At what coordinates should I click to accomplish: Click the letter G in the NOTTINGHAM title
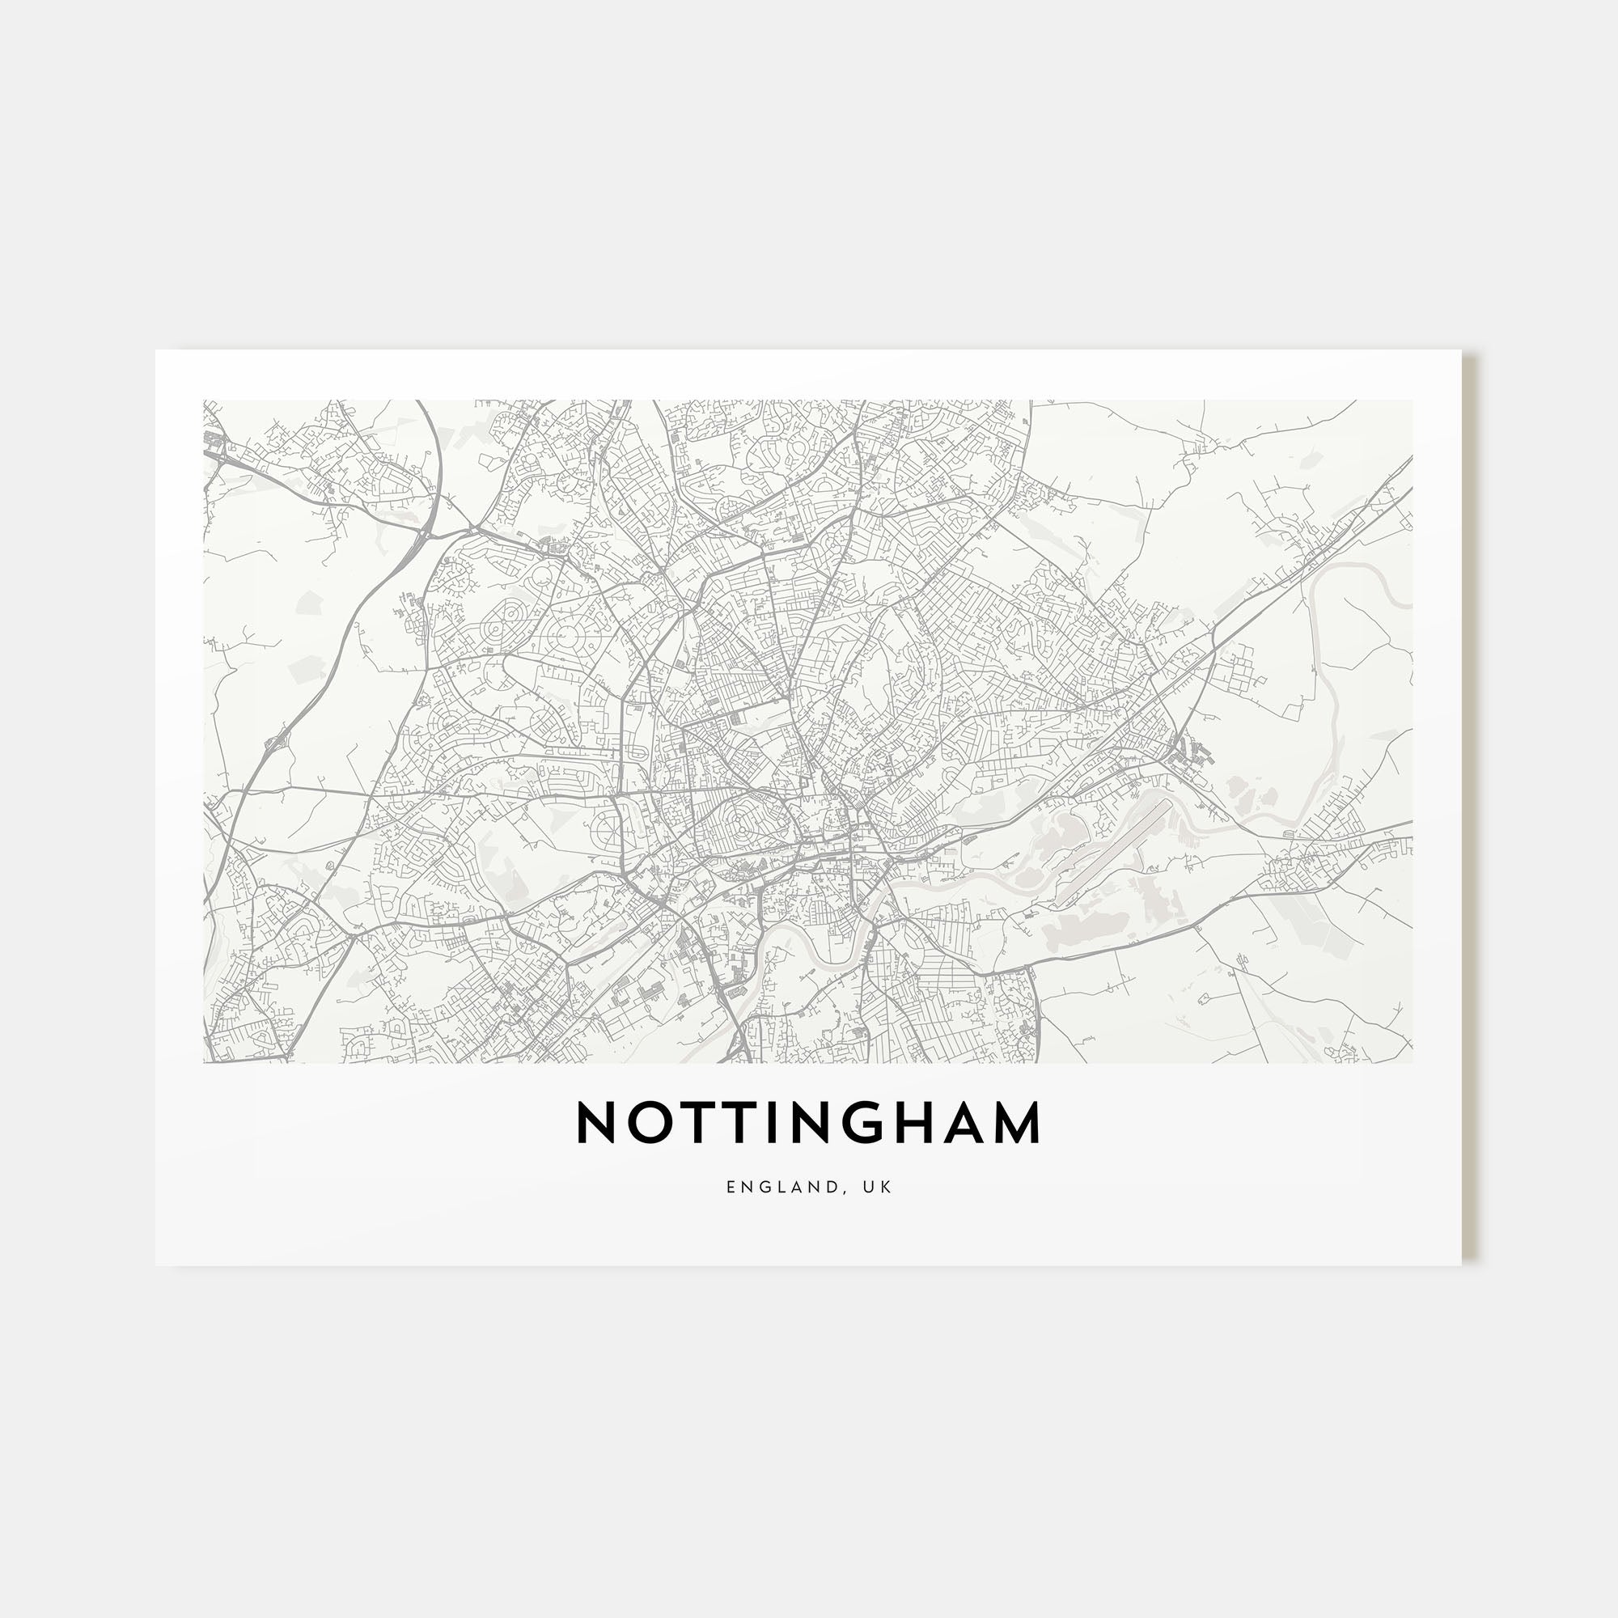point(879,1122)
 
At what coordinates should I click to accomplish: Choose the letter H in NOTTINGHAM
point(932,1122)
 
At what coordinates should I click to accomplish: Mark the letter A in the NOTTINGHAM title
point(979,1122)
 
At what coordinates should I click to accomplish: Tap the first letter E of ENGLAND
point(731,1187)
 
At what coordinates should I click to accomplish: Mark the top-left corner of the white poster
point(157,351)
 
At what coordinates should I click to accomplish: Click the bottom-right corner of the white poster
point(1460,1264)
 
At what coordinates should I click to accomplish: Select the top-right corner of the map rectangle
point(1412,400)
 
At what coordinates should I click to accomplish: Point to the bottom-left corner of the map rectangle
point(204,1063)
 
